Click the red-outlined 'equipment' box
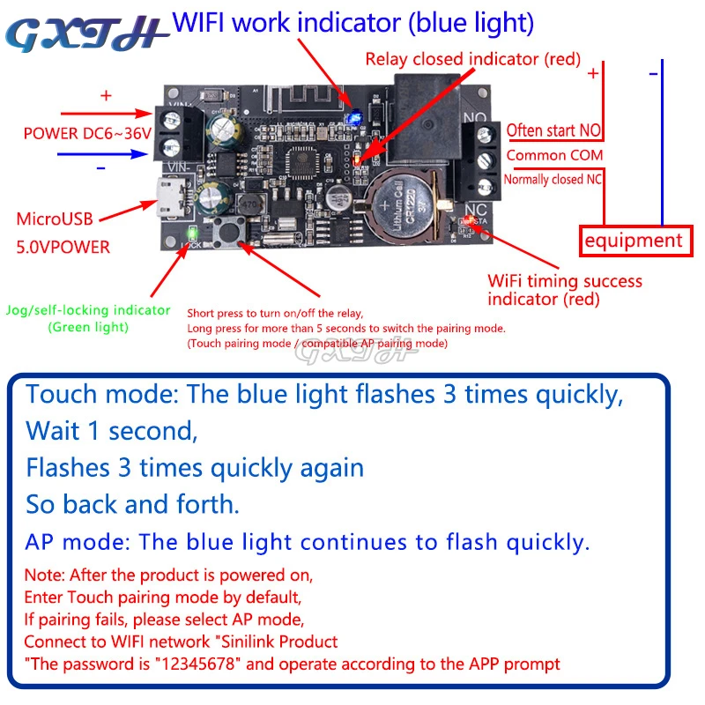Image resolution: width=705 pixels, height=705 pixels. pos(633,240)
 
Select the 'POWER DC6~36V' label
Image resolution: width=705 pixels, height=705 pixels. pos(88,135)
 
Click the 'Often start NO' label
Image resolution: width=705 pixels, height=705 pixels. pos(554,131)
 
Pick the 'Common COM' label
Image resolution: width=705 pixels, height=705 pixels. pos(554,155)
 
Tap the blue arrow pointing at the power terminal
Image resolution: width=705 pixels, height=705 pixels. pos(101,152)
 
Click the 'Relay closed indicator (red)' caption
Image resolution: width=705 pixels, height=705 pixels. pos(472,60)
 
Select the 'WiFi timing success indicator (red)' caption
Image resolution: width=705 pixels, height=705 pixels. pos(565,290)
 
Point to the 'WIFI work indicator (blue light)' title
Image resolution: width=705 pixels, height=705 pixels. pos(352,21)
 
